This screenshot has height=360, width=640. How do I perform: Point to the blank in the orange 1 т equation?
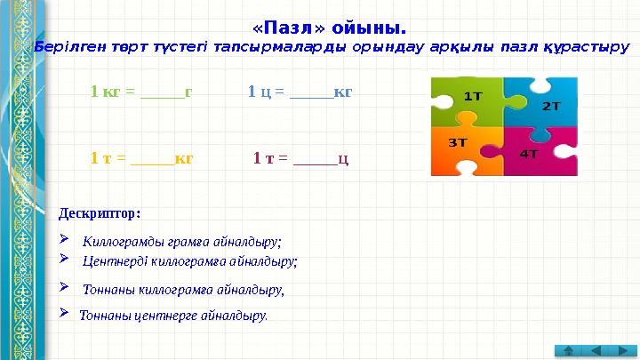151,159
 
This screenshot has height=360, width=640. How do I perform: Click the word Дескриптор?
99,213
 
